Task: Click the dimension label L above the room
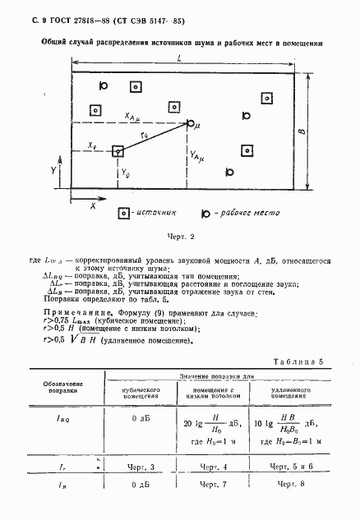(x=179, y=58)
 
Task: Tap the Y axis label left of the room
(x=53, y=171)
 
